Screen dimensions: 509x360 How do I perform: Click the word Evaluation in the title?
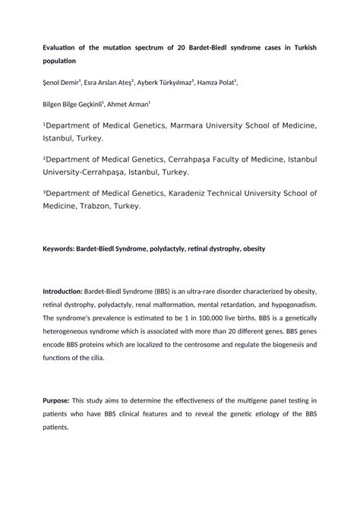point(63,48)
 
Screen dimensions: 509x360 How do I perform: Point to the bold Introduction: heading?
point(62,292)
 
